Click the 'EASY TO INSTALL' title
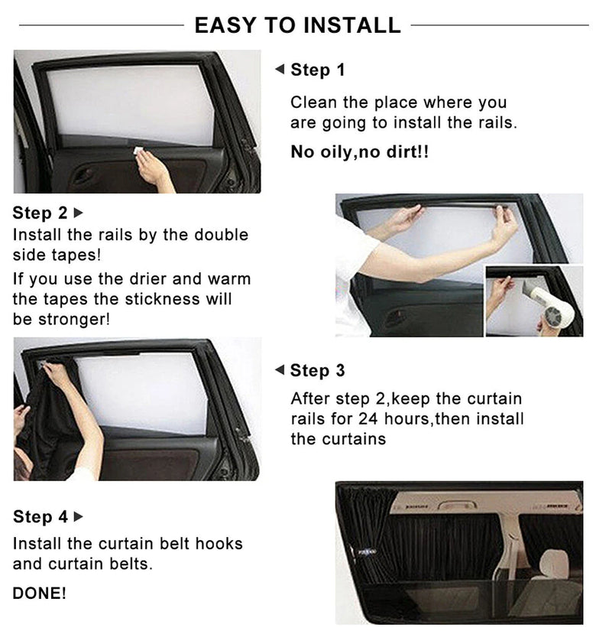[x=297, y=25]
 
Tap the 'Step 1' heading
[x=318, y=70]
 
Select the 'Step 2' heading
[x=40, y=213]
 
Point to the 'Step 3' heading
[x=317, y=370]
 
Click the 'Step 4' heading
[x=40, y=516]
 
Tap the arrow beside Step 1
[x=280, y=69]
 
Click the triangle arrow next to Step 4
[x=79, y=516]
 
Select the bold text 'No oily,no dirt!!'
[x=360, y=152]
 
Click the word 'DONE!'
[x=40, y=594]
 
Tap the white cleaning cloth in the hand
[x=138, y=151]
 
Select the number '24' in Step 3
[x=368, y=419]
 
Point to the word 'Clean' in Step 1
[x=314, y=102]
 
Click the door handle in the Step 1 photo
[x=82, y=175]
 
